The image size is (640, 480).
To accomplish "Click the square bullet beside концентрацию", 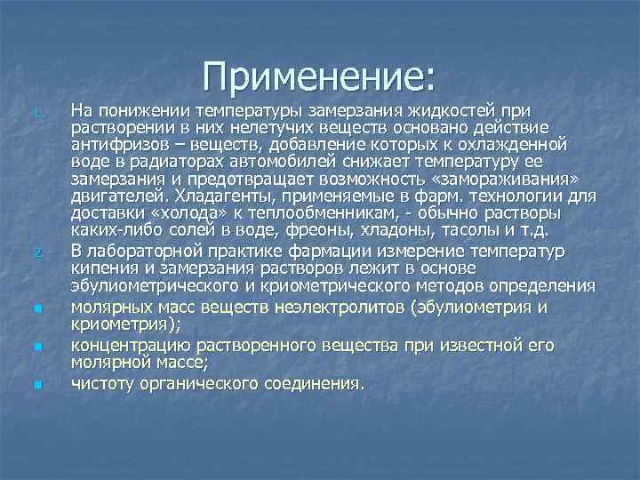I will pos(37,343).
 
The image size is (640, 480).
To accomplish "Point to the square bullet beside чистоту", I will pos(37,384).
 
